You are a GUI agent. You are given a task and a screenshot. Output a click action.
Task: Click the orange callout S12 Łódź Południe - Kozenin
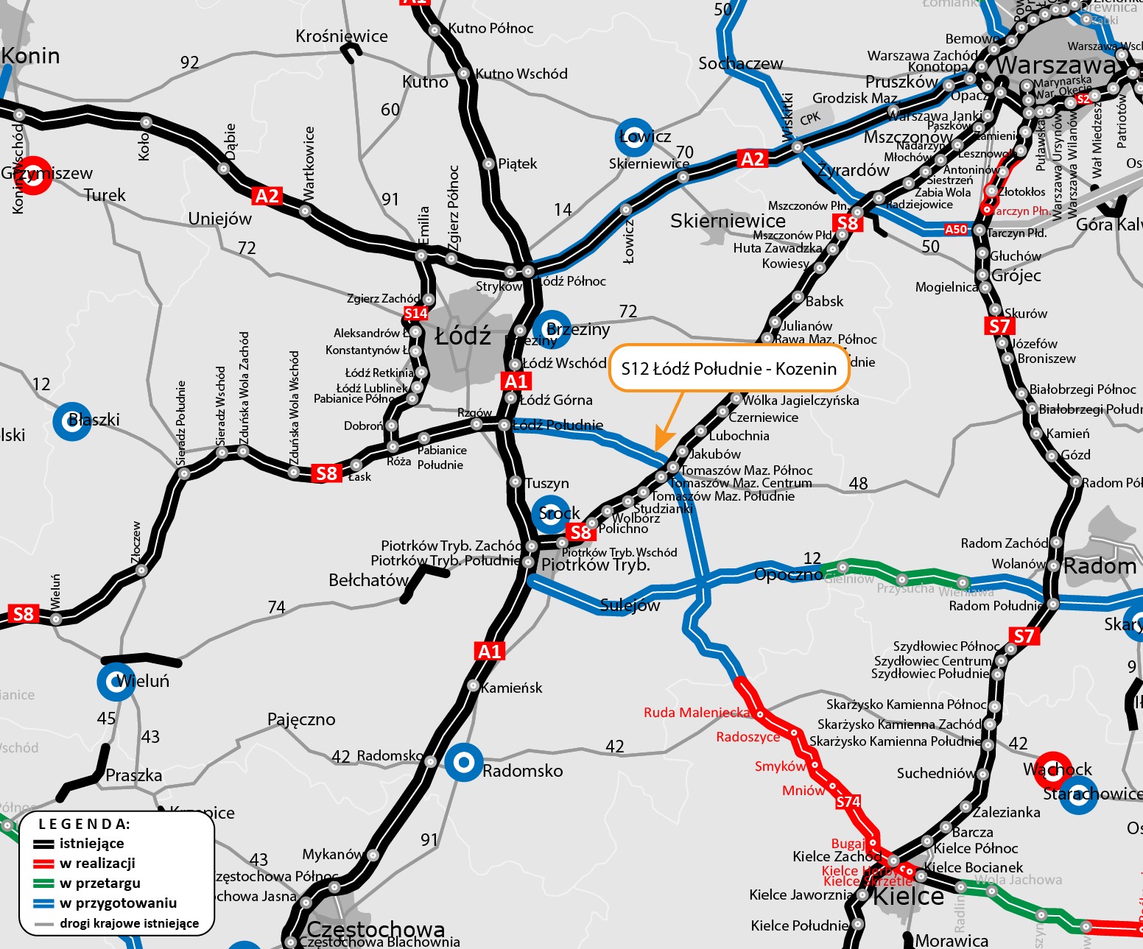point(728,368)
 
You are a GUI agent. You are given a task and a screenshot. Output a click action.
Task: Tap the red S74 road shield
point(848,802)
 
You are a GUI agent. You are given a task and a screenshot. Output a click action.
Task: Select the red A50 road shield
point(956,229)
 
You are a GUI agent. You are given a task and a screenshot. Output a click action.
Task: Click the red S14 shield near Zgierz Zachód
point(415,314)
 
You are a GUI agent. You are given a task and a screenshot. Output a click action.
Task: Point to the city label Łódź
point(463,336)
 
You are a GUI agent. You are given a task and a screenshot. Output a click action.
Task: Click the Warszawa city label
point(1056,65)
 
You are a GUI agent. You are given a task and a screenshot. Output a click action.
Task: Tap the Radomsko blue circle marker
point(463,763)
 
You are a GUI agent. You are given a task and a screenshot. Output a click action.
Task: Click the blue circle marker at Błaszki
point(72,421)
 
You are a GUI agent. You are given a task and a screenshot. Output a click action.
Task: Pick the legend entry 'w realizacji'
point(97,863)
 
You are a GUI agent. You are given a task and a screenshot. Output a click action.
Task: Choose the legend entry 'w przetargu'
point(99,883)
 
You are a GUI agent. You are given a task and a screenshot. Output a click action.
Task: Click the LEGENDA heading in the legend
point(84,824)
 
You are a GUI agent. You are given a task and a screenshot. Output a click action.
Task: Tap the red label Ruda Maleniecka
point(697,713)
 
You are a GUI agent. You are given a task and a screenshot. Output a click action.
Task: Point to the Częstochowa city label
point(376,929)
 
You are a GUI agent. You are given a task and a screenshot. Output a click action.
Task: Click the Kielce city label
point(908,897)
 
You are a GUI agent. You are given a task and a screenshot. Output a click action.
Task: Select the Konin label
point(31,56)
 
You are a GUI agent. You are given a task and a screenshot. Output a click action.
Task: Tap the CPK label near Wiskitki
point(810,119)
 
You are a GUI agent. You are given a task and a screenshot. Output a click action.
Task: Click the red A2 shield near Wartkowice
point(267,196)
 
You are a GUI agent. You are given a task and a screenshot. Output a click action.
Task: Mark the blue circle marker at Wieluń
point(116,681)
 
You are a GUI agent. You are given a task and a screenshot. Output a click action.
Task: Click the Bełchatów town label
point(368,580)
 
